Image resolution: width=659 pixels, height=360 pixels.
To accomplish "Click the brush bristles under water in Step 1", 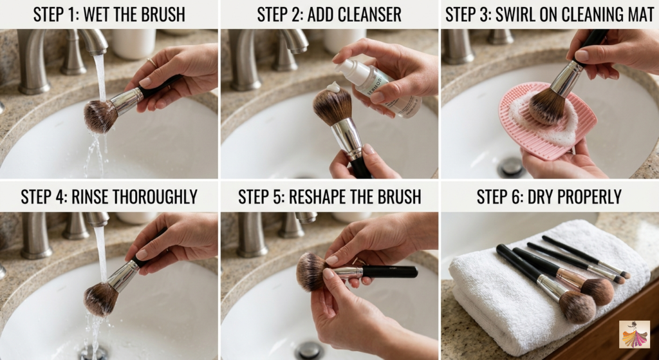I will click(x=100, y=116).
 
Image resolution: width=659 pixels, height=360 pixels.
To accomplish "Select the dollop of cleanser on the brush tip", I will click(x=333, y=86).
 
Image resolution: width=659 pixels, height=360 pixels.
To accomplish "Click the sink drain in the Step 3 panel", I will click(x=512, y=167).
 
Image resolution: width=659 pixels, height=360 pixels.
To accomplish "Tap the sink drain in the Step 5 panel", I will click(x=310, y=350).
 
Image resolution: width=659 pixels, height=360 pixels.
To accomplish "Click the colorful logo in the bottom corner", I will click(x=634, y=334).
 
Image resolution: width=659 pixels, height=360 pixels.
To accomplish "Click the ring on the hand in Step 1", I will click(x=151, y=62).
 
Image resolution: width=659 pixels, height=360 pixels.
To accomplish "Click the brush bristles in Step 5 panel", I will click(x=313, y=271).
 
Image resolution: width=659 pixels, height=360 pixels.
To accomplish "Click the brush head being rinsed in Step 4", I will click(x=100, y=298).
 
